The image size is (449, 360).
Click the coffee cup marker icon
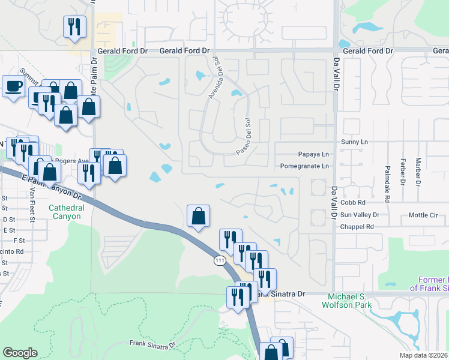click(x=13, y=87)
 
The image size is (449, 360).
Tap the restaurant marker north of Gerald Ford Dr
click(x=75, y=27)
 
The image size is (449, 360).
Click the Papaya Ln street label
click(x=314, y=154)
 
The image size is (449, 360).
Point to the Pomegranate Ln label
click(x=305, y=166)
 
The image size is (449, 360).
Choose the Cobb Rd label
click(x=353, y=203)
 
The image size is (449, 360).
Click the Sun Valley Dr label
click(x=360, y=215)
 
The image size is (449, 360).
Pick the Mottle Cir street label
click(x=424, y=215)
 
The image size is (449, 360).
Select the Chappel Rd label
click(x=357, y=227)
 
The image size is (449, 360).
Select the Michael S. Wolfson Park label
click(x=350, y=301)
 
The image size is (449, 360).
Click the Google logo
click(x=20, y=353)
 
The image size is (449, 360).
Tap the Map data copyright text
click(x=423, y=355)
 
